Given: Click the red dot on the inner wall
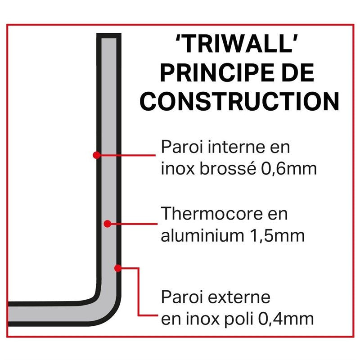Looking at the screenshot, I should tap(96, 155).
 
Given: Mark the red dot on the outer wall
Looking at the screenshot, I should tap(118, 268).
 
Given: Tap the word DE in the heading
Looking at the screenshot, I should tap(297, 73).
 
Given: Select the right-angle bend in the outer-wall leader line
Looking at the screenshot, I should tap(139, 269).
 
